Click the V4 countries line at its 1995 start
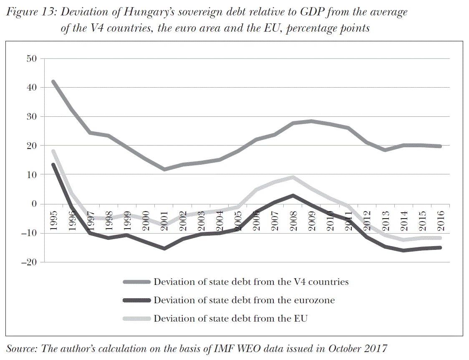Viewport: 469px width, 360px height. (x=53, y=82)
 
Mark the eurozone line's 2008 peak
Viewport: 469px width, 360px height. (x=293, y=196)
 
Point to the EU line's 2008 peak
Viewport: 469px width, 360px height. (x=293, y=177)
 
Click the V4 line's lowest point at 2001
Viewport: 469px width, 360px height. (x=164, y=169)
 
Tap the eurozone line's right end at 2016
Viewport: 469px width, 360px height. (x=441, y=248)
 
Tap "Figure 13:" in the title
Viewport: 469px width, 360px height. (x=31, y=12)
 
